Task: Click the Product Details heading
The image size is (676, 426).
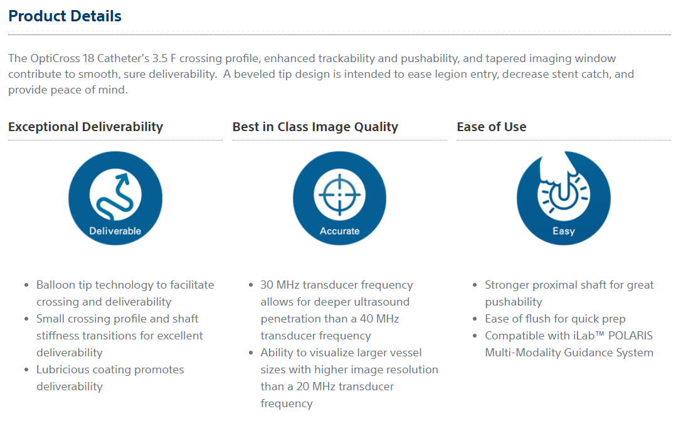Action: click(x=65, y=16)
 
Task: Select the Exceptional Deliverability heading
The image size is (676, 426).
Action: click(x=85, y=127)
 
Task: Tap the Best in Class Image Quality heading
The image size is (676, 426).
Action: click(x=315, y=127)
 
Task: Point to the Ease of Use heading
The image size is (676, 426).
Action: click(x=492, y=127)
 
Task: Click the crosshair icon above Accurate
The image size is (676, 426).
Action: click(x=340, y=195)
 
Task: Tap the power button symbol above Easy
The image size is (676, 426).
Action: click(x=564, y=192)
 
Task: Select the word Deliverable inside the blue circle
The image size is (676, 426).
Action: click(x=115, y=231)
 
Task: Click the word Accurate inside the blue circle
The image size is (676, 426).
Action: click(x=340, y=231)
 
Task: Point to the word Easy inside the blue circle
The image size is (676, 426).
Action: click(x=564, y=232)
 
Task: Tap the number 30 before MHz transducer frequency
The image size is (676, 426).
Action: click(x=267, y=285)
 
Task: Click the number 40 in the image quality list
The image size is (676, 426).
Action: click(x=366, y=319)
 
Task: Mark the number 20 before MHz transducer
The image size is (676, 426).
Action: click(x=303, y=386)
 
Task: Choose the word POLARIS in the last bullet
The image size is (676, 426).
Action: click(x=630, y=336)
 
